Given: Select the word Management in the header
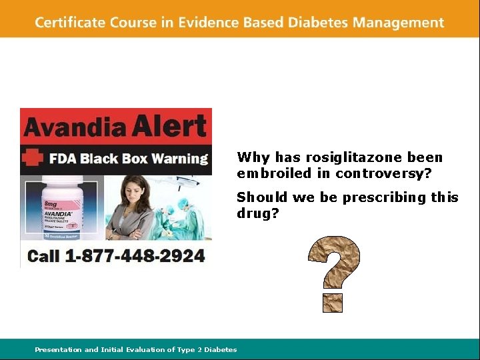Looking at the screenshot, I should coord(398,22).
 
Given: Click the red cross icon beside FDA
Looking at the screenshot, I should coord(32,159).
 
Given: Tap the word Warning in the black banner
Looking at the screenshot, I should coord(180,159).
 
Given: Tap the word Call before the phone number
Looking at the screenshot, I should coord(44,255).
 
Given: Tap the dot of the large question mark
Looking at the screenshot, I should coord(333,302).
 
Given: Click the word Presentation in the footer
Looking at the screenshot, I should coord(59,349).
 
